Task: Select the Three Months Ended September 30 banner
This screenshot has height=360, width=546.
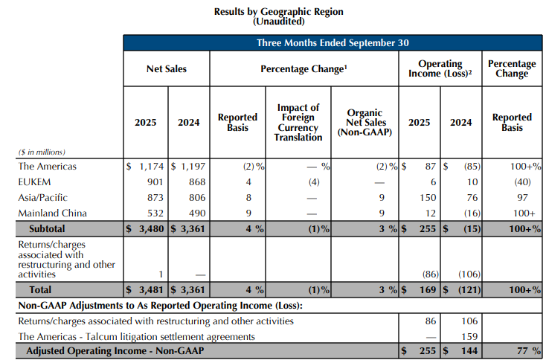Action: tap(333, 43)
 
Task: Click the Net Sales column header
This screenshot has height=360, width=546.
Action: tap(167, 69)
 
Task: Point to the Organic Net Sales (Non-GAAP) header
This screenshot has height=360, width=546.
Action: tap(364, 123)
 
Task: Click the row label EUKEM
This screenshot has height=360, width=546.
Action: tap(34, 181)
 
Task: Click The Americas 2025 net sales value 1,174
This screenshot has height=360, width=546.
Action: tap(149, 166)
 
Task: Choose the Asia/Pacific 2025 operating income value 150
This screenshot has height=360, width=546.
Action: tap(425, 197)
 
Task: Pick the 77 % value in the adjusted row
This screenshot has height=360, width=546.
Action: tap(526, 351)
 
